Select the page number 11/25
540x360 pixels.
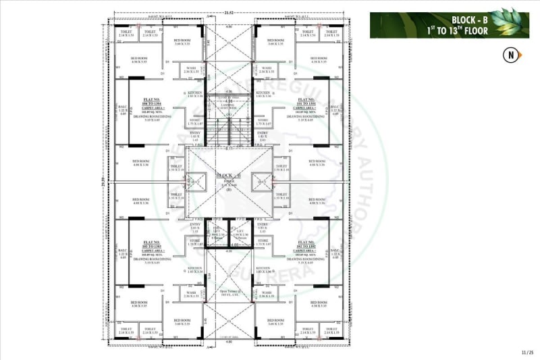[x=526, y=352]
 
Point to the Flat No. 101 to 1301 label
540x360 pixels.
[x=306, y=101]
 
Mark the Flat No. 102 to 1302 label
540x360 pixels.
[x=306, y=244]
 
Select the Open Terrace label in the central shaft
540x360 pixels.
[x=229, y=292]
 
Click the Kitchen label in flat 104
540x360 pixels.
[x=196, y=95]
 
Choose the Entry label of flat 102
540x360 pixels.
[x=263, y=226]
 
